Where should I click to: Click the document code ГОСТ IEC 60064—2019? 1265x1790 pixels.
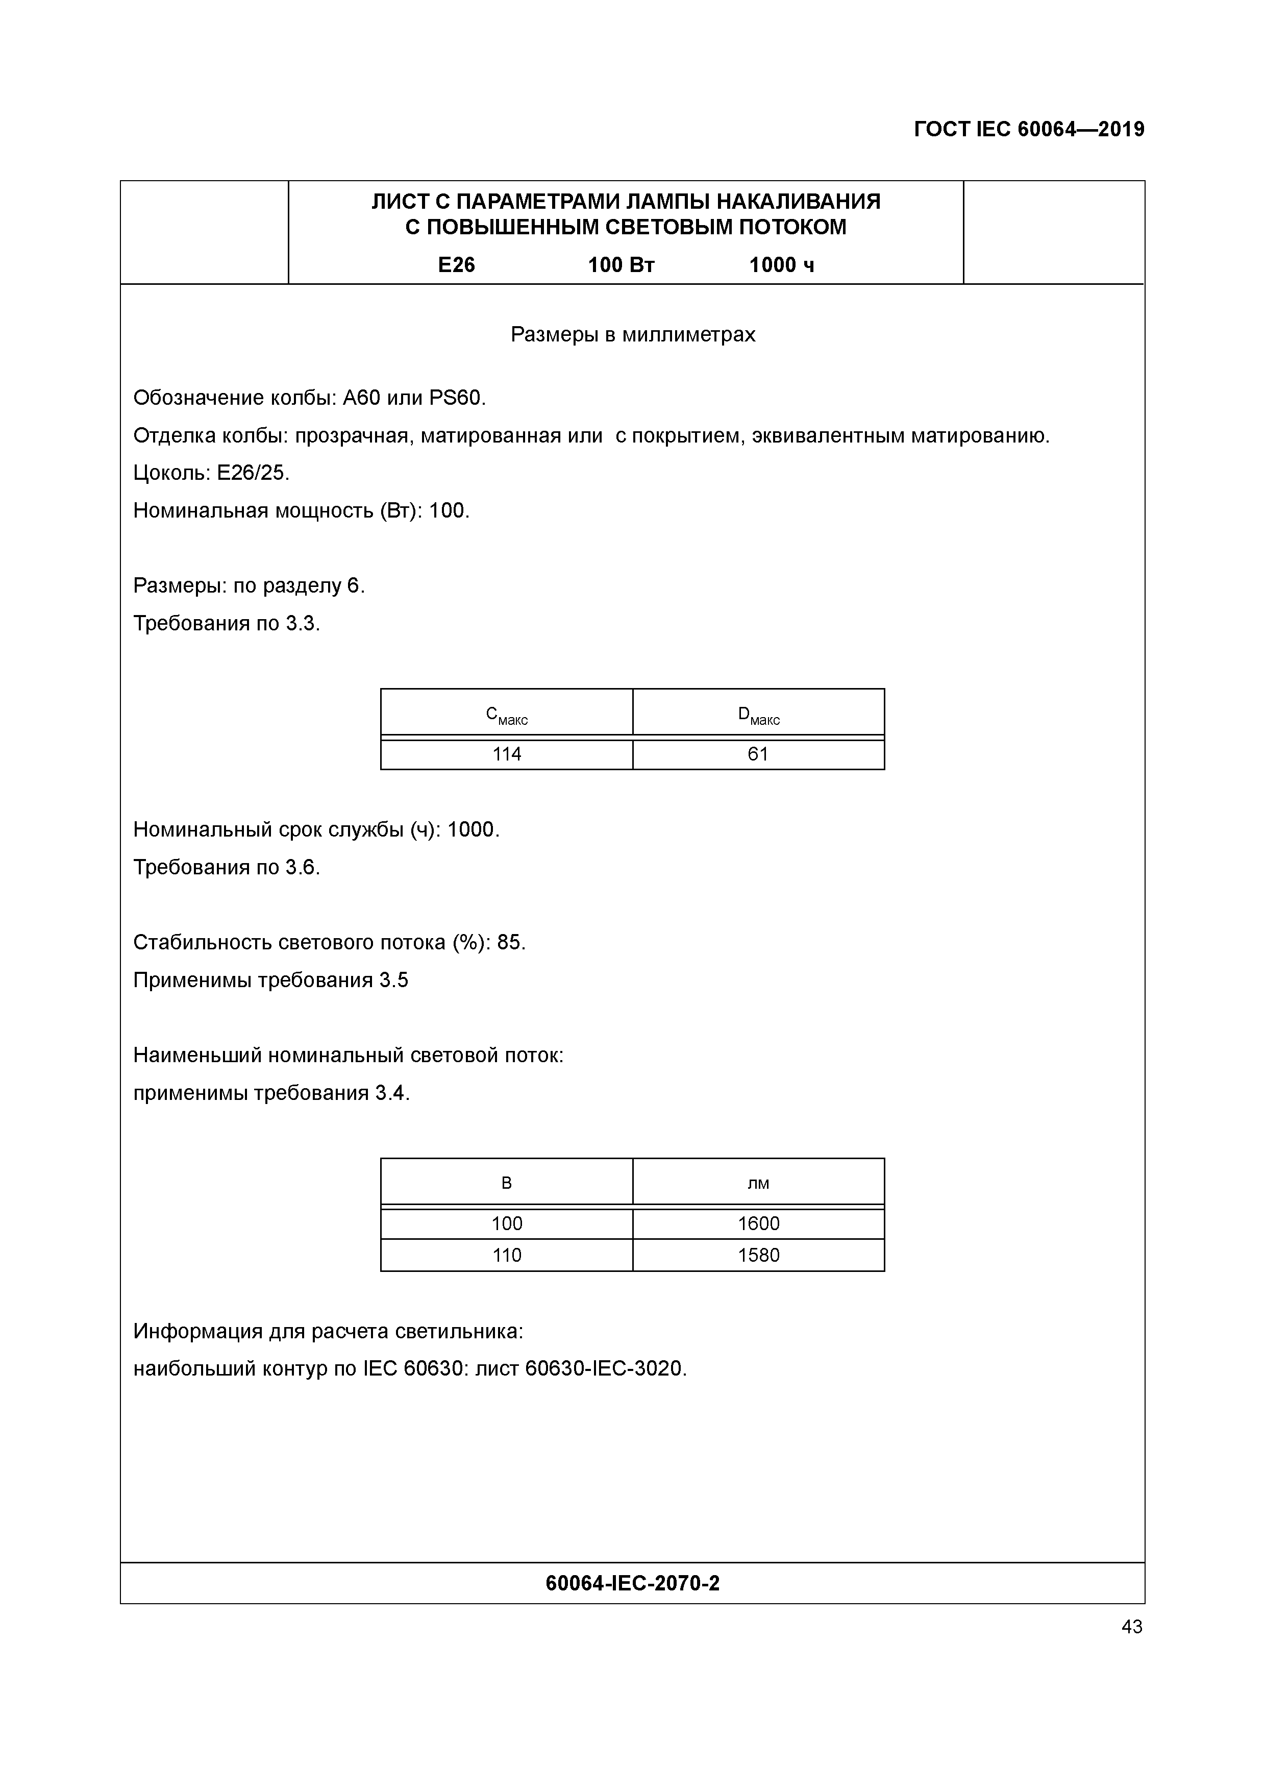coord(1028,130)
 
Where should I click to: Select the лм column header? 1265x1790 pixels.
coord(758,1184)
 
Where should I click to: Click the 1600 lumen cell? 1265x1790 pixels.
coord(758,1223)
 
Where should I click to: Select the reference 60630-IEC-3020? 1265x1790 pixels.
coord(604,1368)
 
